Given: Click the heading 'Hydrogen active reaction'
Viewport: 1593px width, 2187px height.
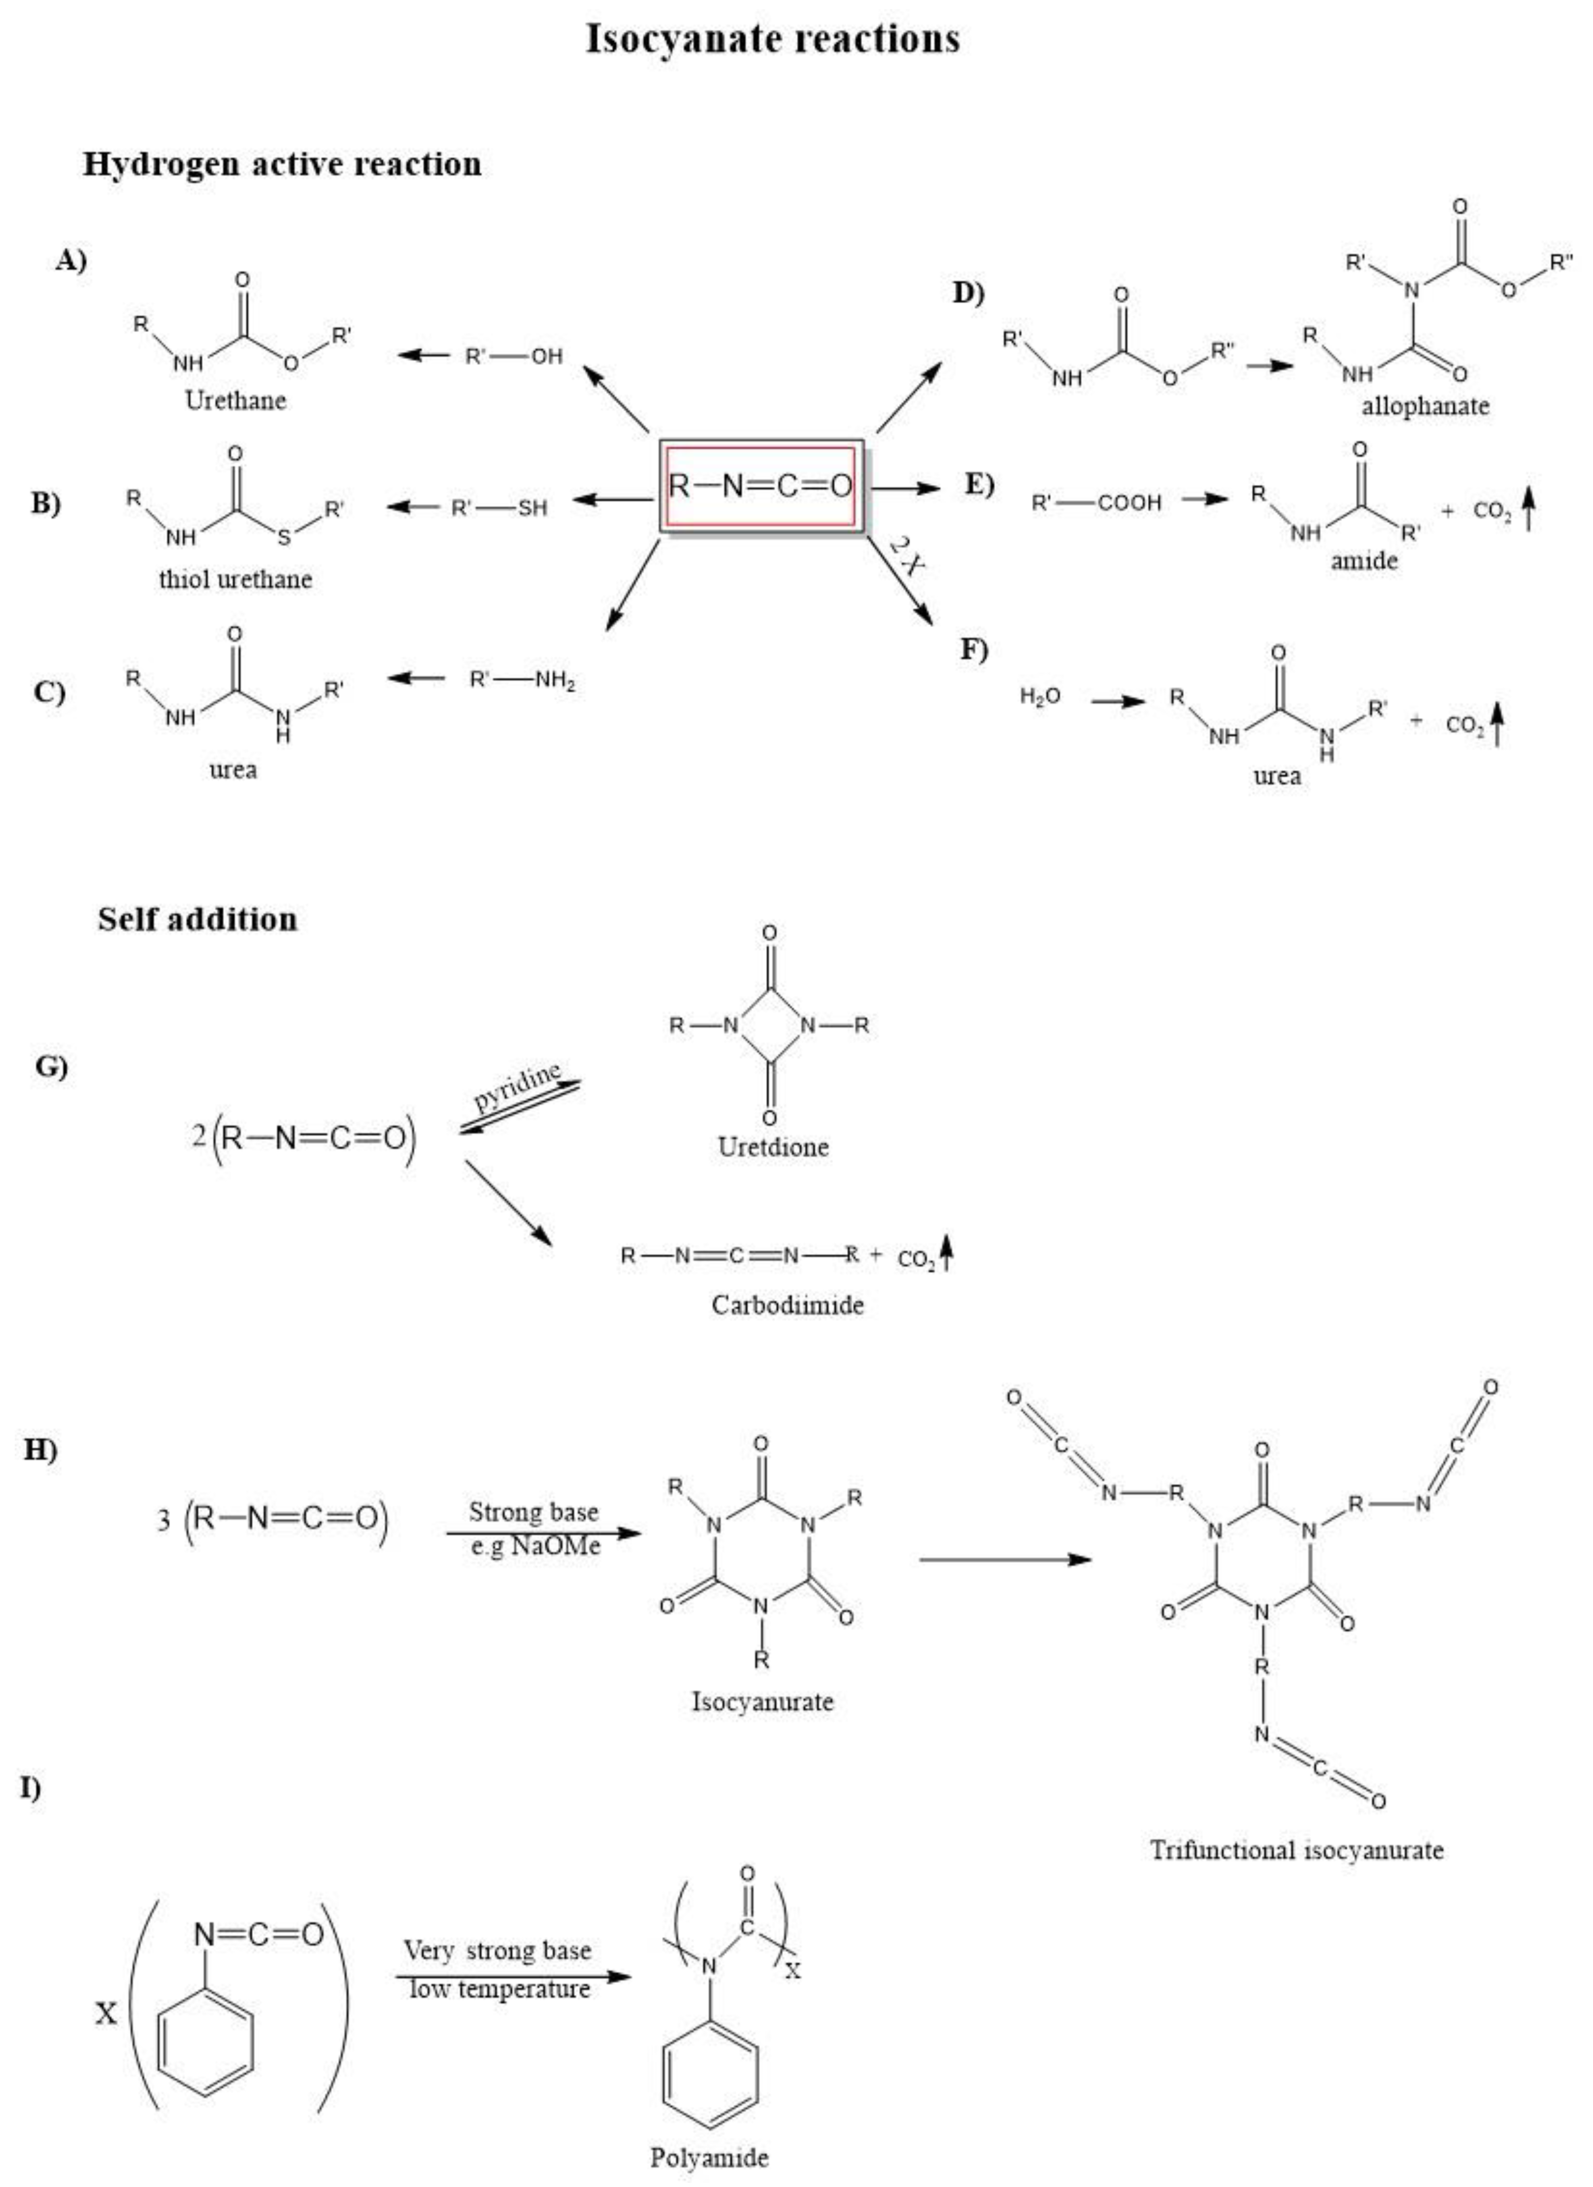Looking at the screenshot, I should point(282,164).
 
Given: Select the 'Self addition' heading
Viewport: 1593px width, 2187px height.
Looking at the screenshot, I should point(197,919).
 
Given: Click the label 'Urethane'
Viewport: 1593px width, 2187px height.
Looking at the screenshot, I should point(235,400).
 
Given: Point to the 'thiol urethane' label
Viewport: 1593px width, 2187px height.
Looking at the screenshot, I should point(235,579).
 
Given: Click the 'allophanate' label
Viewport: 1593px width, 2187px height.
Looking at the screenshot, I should point(1424,406).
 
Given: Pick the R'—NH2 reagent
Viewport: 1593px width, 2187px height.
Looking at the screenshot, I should point(522,681).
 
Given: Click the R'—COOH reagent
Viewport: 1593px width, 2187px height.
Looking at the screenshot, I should point(1097,502).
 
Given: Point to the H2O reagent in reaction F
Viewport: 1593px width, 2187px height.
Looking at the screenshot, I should point(1041,696).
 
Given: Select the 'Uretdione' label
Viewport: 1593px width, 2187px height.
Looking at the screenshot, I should point(773,1147).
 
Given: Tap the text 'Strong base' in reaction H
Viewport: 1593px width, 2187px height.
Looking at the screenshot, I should point(533,1511).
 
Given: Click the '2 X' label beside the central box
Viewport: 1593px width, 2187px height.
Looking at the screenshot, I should point(907,556).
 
